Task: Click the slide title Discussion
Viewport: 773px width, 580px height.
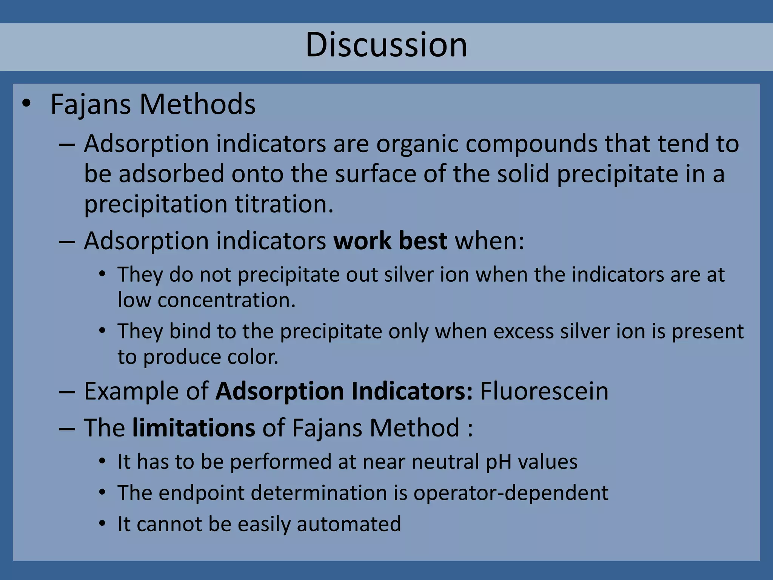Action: coord(386,45)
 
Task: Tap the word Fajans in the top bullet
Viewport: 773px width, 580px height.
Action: coord(91,105)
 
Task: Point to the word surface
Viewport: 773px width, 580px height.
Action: coord(375,174)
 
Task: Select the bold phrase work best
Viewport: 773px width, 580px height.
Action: coord(390,241)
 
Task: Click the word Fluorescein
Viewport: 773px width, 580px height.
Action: coord(544,391)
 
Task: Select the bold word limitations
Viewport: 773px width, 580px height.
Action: coord(194,428)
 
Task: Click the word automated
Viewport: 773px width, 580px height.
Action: coord(349,524)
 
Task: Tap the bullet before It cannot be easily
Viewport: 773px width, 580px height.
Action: coord(102,524)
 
